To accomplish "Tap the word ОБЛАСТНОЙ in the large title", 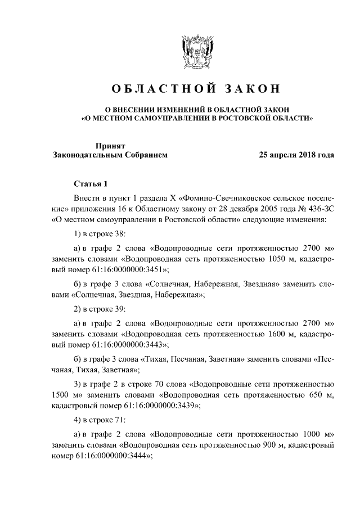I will pyautogui.click(x=160, y=89).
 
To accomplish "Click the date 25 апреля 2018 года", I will pyautogui.click(x=296, y=155).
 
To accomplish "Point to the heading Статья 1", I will pyautogui.click(x=89, y=183).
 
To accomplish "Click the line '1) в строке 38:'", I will pyautogui.click(x=100, y=233).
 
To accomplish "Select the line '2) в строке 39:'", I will pyautogui.click(x=100, y=308).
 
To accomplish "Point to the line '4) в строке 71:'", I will pyautogui.click(x=100, y=420).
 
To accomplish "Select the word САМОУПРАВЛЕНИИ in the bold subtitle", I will pyautogui.click(x=161, y=119).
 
